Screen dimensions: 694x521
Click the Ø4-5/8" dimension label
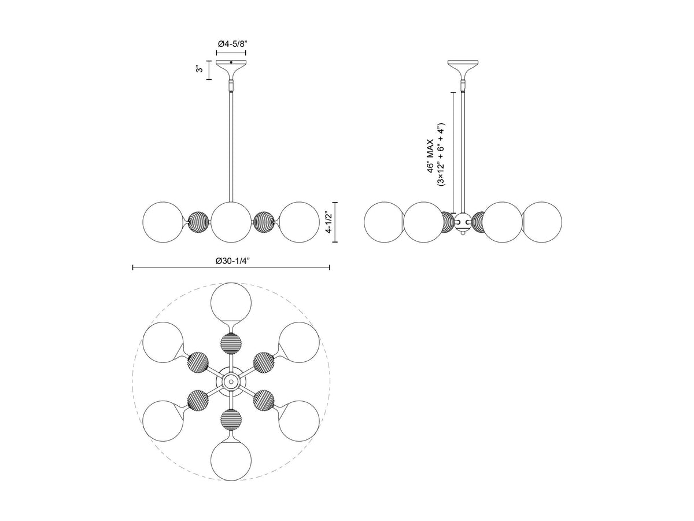pos(231,44)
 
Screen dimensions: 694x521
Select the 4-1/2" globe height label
pos(329,222)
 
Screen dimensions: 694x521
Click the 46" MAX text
pos(431,156)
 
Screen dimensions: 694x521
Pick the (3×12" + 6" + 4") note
pos(441,154)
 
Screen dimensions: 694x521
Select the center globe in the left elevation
pos(231,222)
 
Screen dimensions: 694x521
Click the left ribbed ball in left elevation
pos(198,222)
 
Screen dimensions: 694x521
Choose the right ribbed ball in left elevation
pos(264,222)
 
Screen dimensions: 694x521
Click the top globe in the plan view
pos(231,303)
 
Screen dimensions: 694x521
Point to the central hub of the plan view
pos(231,382)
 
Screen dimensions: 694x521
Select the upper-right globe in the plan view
pos(299,343)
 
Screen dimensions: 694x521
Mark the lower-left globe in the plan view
pos(163,421)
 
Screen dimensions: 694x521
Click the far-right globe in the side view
pos(541,222)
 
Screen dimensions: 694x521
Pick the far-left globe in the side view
pos(384,222)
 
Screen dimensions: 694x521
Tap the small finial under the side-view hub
pos(463,233)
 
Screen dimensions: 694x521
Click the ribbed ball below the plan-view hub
pos(231,420)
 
